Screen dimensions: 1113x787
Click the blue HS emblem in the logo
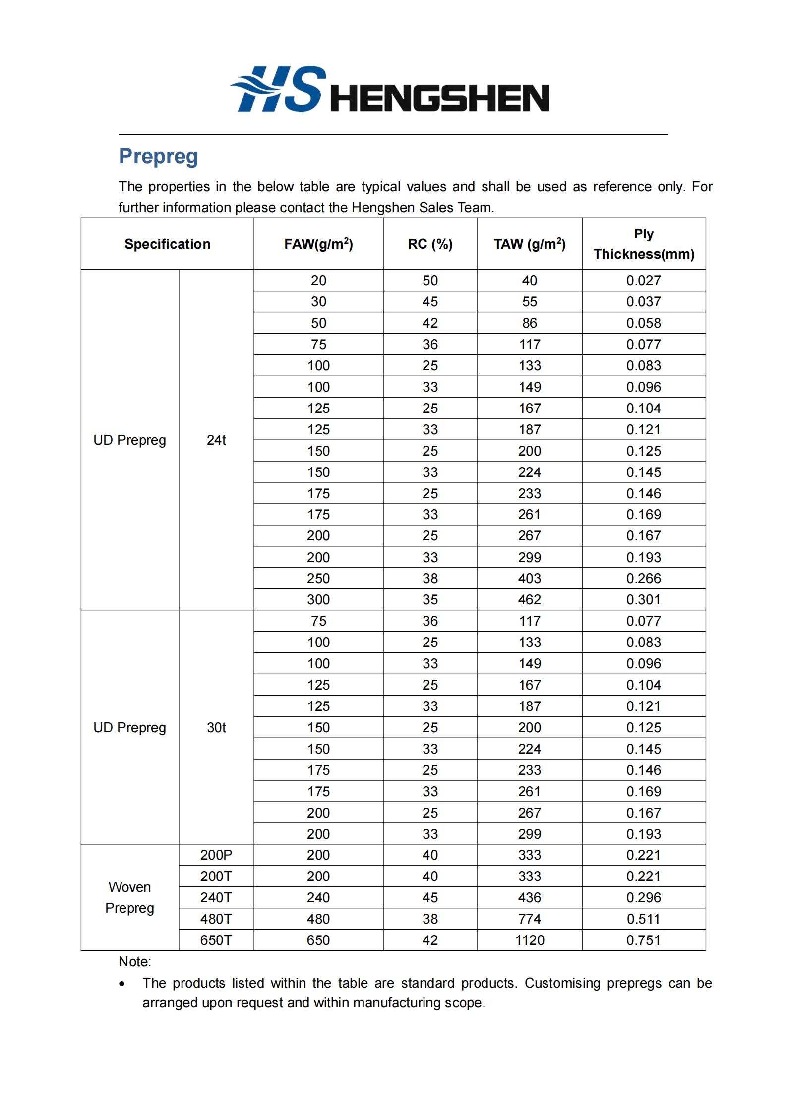278,89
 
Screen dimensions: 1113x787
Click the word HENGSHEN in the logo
439,98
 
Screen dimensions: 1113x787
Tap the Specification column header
167,244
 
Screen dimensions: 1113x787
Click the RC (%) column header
430,244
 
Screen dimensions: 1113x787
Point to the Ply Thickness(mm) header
643,244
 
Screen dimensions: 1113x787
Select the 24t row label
216,440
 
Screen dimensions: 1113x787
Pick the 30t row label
216,727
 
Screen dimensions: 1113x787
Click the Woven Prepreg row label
129,897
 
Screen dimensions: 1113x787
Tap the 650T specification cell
216,940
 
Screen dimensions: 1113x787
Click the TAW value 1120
529,940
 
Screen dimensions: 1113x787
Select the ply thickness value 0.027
643,280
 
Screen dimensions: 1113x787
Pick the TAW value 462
529,599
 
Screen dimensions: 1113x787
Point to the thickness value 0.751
643,940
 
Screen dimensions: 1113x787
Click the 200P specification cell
216,855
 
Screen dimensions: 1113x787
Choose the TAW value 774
529,919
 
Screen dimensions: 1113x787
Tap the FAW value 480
318,919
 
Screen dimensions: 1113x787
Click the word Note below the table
134,961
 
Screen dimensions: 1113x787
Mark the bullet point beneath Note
122,984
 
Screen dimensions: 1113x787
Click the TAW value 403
529,578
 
